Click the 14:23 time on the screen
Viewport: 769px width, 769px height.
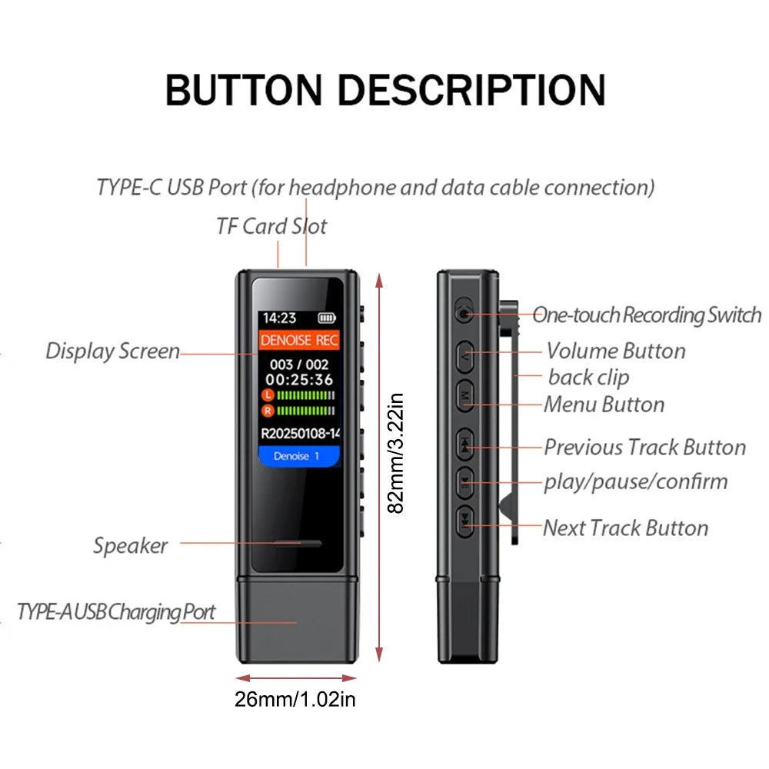(279, 317)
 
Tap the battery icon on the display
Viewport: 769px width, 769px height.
(327, 317)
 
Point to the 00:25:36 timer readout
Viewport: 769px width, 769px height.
(299, 379)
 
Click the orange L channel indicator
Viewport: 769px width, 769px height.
(268, 394)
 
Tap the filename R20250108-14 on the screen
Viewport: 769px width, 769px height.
(300, 433)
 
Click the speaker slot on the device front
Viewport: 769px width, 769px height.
(297, 544)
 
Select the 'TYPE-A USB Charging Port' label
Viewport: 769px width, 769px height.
(116, 612)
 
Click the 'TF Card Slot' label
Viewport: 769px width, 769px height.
(271, 226)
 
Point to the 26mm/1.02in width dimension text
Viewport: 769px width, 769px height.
(295, 699)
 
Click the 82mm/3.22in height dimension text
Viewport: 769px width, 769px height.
(395, 454)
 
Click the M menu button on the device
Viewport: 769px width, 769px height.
(466, 394)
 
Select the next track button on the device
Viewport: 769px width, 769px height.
(465, 521)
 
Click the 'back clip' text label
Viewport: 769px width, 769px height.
(588, 377)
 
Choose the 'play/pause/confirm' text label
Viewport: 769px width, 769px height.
(635, 481)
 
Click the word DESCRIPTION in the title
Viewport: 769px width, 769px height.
(472, 90)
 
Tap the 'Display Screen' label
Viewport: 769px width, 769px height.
(112, 351)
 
